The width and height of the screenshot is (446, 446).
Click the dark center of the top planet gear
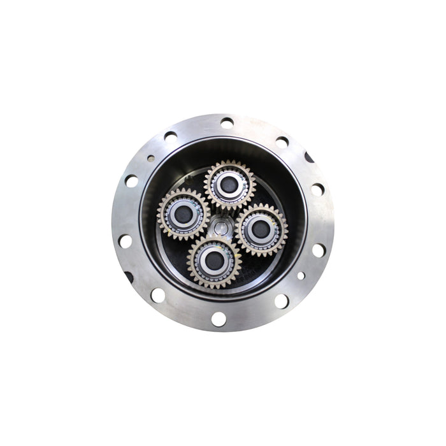[x=229, y=184]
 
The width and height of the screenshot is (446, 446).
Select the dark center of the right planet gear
[x=261, y=229]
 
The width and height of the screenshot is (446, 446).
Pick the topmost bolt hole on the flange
[x=226, y=122]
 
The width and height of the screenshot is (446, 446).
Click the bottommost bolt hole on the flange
[x=219, y=319]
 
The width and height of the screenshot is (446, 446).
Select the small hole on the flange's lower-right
[x=301, y=276]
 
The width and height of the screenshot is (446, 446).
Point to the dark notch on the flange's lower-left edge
[x=128, y=277]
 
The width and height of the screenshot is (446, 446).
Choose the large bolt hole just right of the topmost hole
[x=282, y=141]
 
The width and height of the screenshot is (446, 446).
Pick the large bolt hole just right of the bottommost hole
[x=280, y=300]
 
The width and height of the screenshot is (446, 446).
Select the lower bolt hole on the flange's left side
[x=125, y=241]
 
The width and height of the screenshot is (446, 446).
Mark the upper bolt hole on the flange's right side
[x=317, y=190]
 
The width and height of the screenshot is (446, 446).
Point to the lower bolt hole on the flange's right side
[x=318, y=250]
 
